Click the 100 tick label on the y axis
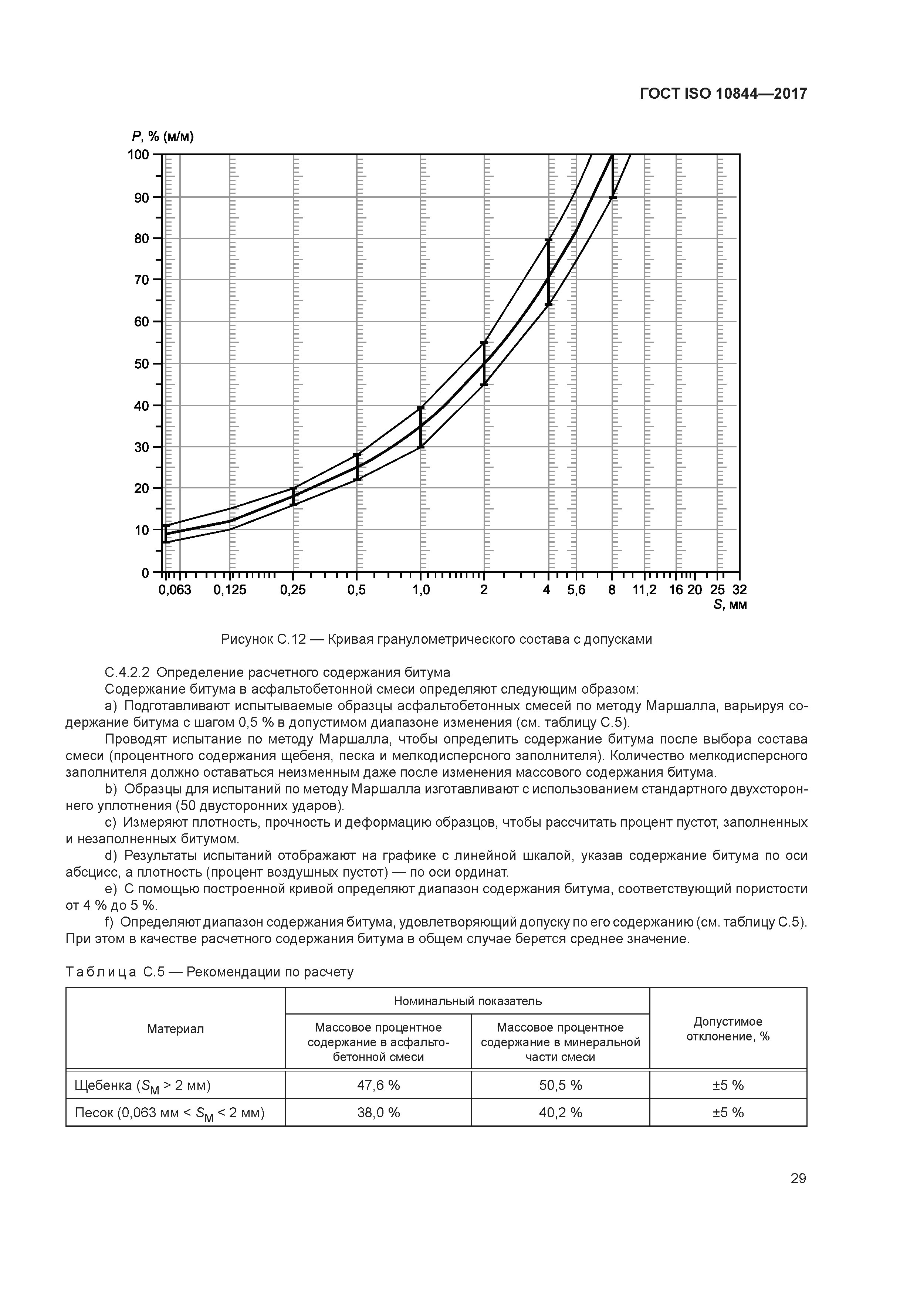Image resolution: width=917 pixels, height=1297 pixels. (138, 154)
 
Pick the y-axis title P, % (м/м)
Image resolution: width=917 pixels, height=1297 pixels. (163, 137)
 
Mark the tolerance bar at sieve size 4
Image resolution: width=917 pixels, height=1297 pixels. (548, 272)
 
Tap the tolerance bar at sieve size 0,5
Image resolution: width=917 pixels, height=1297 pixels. (357, 467)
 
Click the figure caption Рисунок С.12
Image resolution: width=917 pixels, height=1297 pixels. (436, 640)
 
